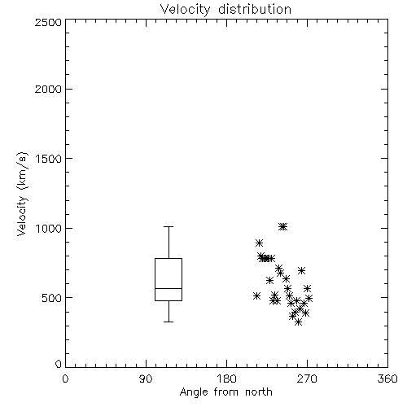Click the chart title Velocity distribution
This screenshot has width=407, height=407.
point(225,10)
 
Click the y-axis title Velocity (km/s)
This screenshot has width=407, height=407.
point(23,195)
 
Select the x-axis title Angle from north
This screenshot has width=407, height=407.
point(225,392)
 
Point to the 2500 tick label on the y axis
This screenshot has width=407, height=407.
point(48,22)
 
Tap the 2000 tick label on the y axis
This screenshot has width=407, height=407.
point(48,89)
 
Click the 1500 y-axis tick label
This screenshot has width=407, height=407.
point(49,159)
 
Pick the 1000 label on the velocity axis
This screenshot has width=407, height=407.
point(49,228)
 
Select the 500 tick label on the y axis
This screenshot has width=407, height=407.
point(52,298)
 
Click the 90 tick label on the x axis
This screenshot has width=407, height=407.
point(146,379)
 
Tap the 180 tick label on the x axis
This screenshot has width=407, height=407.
point(226,379)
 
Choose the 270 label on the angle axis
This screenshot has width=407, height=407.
point(307,379)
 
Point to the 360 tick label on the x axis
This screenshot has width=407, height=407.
point(387,379)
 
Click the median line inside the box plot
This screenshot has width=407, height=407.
point(168,288)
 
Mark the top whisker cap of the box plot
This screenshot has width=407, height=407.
point(168,226)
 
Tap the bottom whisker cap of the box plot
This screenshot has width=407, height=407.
point(168,322)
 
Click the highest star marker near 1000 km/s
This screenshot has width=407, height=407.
point(283,226)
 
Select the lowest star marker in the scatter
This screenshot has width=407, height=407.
point(299,322)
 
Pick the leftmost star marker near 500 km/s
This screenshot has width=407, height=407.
point(256,295)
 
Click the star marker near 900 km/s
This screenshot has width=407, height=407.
point(259,243)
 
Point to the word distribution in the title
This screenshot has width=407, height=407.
point(255,9)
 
